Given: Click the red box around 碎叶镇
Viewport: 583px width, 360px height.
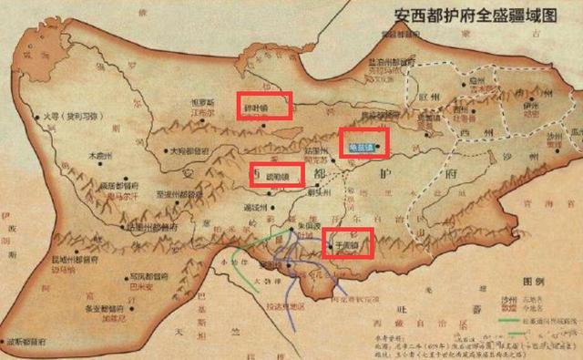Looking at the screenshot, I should (265, 106).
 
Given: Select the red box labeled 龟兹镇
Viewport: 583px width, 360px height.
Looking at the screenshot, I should (363, 142).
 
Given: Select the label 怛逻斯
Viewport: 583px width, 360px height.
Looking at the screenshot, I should (202, 103).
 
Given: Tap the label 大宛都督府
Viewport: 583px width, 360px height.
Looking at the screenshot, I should (193, 150).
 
